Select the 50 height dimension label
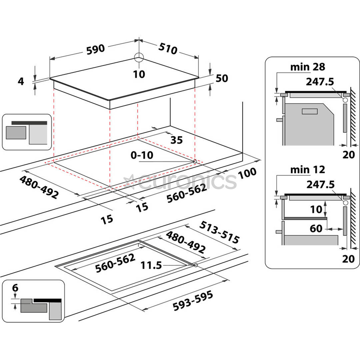tap(222, 78)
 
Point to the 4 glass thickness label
tap(21, 81)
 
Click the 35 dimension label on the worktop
tap(176, 140)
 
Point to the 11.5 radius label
tap(151, 265)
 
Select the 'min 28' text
tap(307, 67)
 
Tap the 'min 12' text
tap(307, 170)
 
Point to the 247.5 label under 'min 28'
tap(321, 81)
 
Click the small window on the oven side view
tap(310, 112)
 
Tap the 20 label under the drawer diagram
tap(349, 258)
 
